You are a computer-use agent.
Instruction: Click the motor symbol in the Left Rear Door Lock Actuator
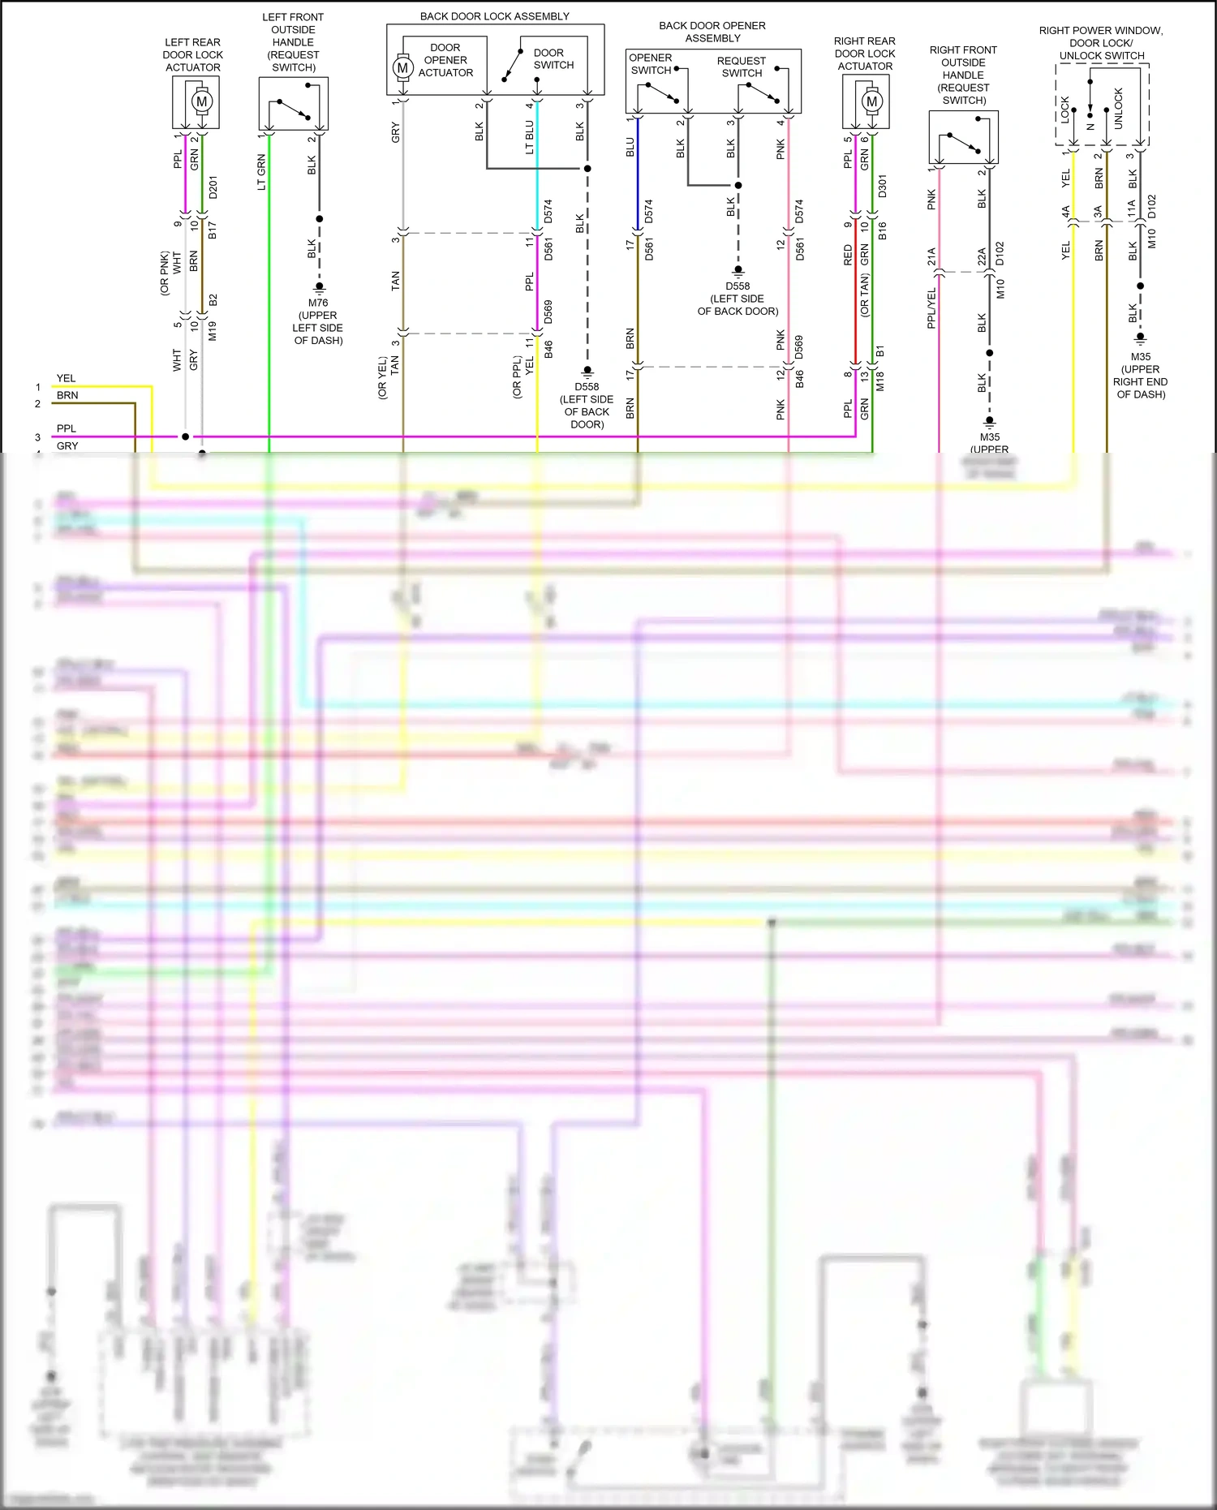tap(201, 101)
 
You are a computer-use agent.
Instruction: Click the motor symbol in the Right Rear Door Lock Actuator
tap(871, 101)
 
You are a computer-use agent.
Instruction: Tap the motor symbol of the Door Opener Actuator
tap(402, 68)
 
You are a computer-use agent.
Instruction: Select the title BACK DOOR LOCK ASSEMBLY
tap(494, 16)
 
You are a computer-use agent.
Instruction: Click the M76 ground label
tap(318, 303)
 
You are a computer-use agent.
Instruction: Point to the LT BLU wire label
tap(530, 137)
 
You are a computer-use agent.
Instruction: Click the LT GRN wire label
tap(261, 172)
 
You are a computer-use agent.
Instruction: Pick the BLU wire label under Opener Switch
tap(630, 147)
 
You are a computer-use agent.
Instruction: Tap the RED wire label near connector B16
tap(848, 255)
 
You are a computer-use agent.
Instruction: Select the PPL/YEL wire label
tap(931, 308)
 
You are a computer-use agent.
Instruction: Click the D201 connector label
tap(213, 187)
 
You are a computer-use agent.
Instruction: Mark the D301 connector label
tap(883, 186)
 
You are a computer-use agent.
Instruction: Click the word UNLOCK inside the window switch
tap(1118, 108)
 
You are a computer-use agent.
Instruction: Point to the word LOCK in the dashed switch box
tap(1065, 109)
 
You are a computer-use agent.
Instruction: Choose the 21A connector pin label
tap(931, 257)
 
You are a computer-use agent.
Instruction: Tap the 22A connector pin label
tap(982, 257)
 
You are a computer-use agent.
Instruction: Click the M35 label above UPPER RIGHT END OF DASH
tap(1140, 356)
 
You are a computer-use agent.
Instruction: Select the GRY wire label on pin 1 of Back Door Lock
tap(396, 132)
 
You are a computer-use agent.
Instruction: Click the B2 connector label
tap(213, 299)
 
